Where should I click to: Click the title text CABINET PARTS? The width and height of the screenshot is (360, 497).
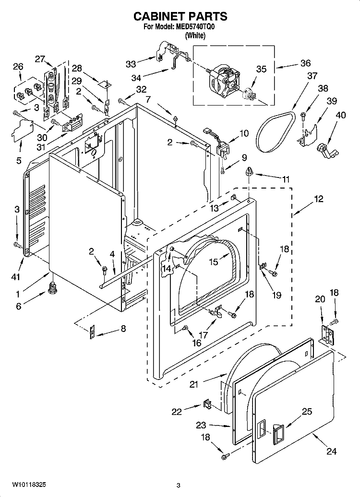point(180,16)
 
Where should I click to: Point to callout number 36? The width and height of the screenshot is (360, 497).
point(305,63)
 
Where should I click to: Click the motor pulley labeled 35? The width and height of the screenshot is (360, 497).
point(249,95)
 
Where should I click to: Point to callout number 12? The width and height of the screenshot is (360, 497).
point(318,199)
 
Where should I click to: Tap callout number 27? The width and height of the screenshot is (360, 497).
point(40,59)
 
